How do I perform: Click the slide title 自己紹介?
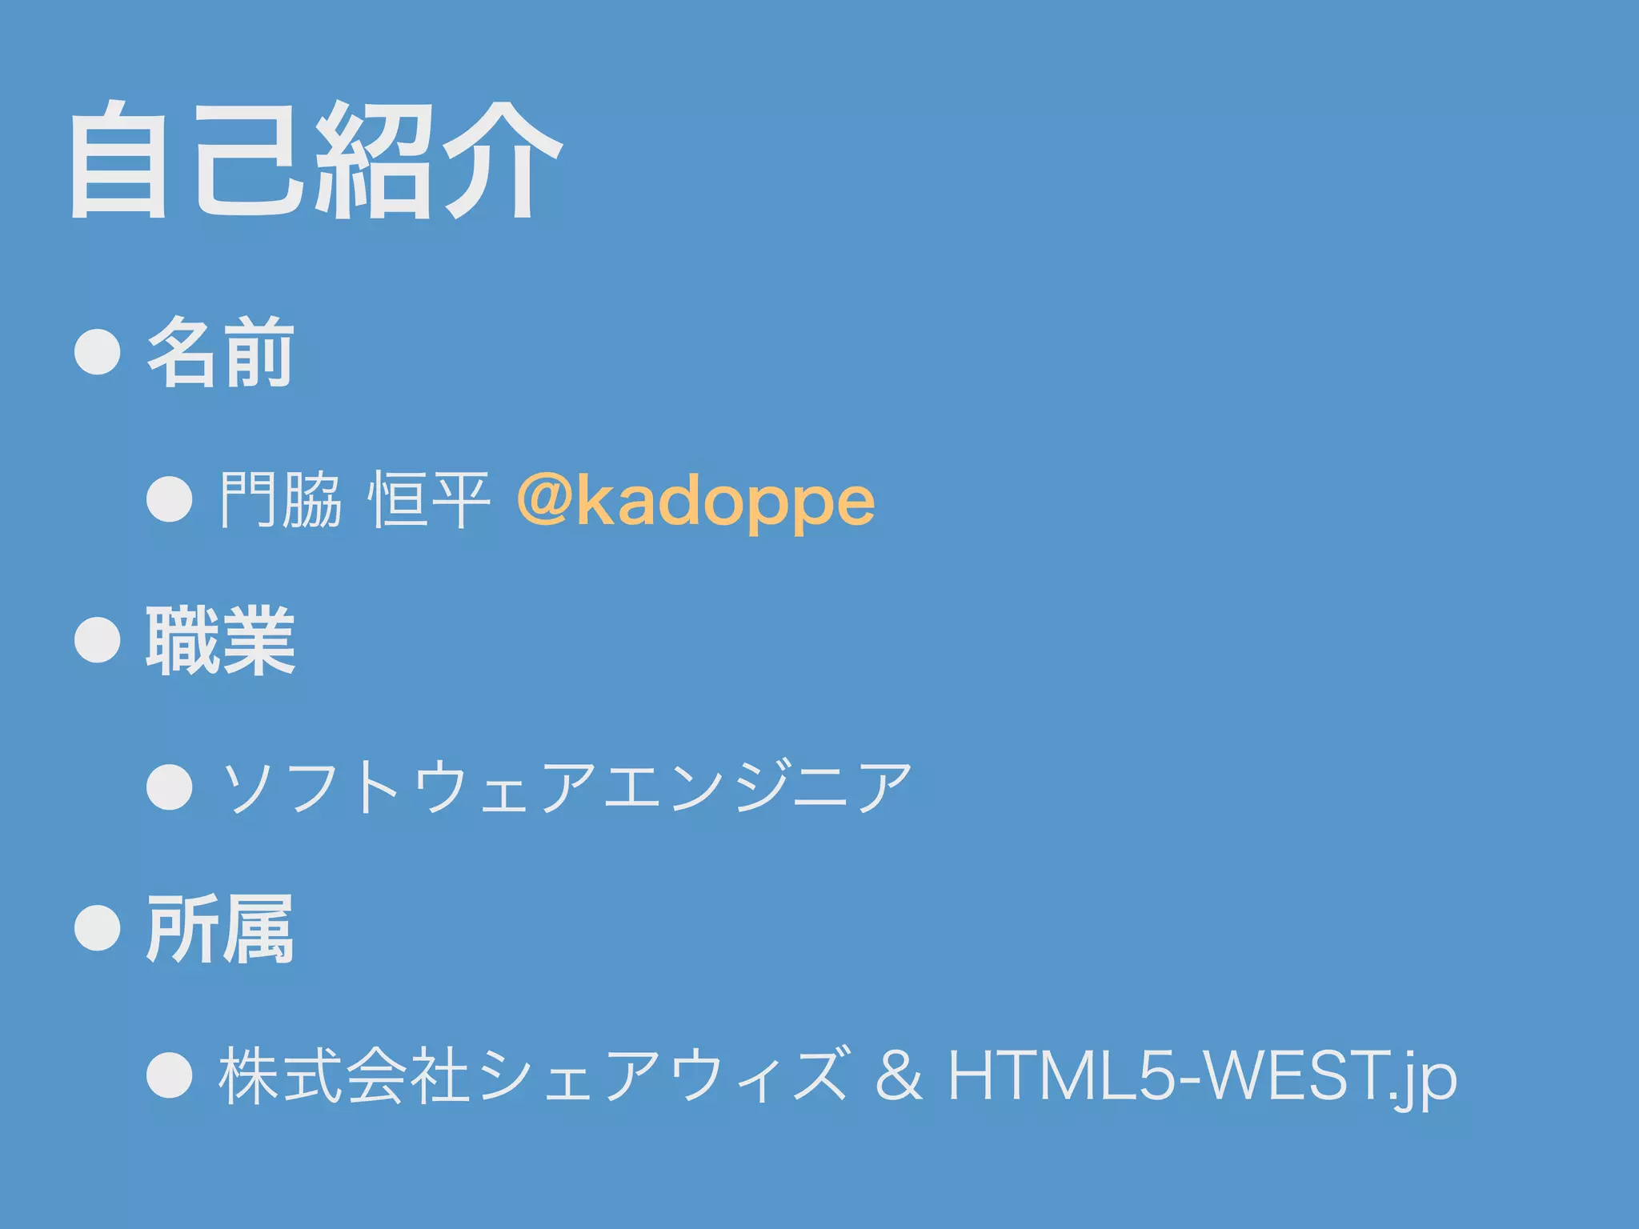point(316,160)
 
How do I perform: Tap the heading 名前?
point(220,353)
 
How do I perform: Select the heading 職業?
point(220,641)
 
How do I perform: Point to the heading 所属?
point(220,929)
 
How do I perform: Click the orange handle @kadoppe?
point(695,502)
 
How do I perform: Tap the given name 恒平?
point(429,500)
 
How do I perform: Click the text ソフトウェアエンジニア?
point(567,787)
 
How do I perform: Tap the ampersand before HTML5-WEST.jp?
point(899,1076)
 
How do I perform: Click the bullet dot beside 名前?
point(98,352)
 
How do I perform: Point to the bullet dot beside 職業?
point(98,640)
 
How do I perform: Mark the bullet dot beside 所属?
point(98,928)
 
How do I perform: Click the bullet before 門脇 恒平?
point(170,499)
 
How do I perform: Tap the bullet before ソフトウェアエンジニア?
point(170,787)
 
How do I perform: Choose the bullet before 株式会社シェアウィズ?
point(170,1075)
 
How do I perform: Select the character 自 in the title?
point(118,160)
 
